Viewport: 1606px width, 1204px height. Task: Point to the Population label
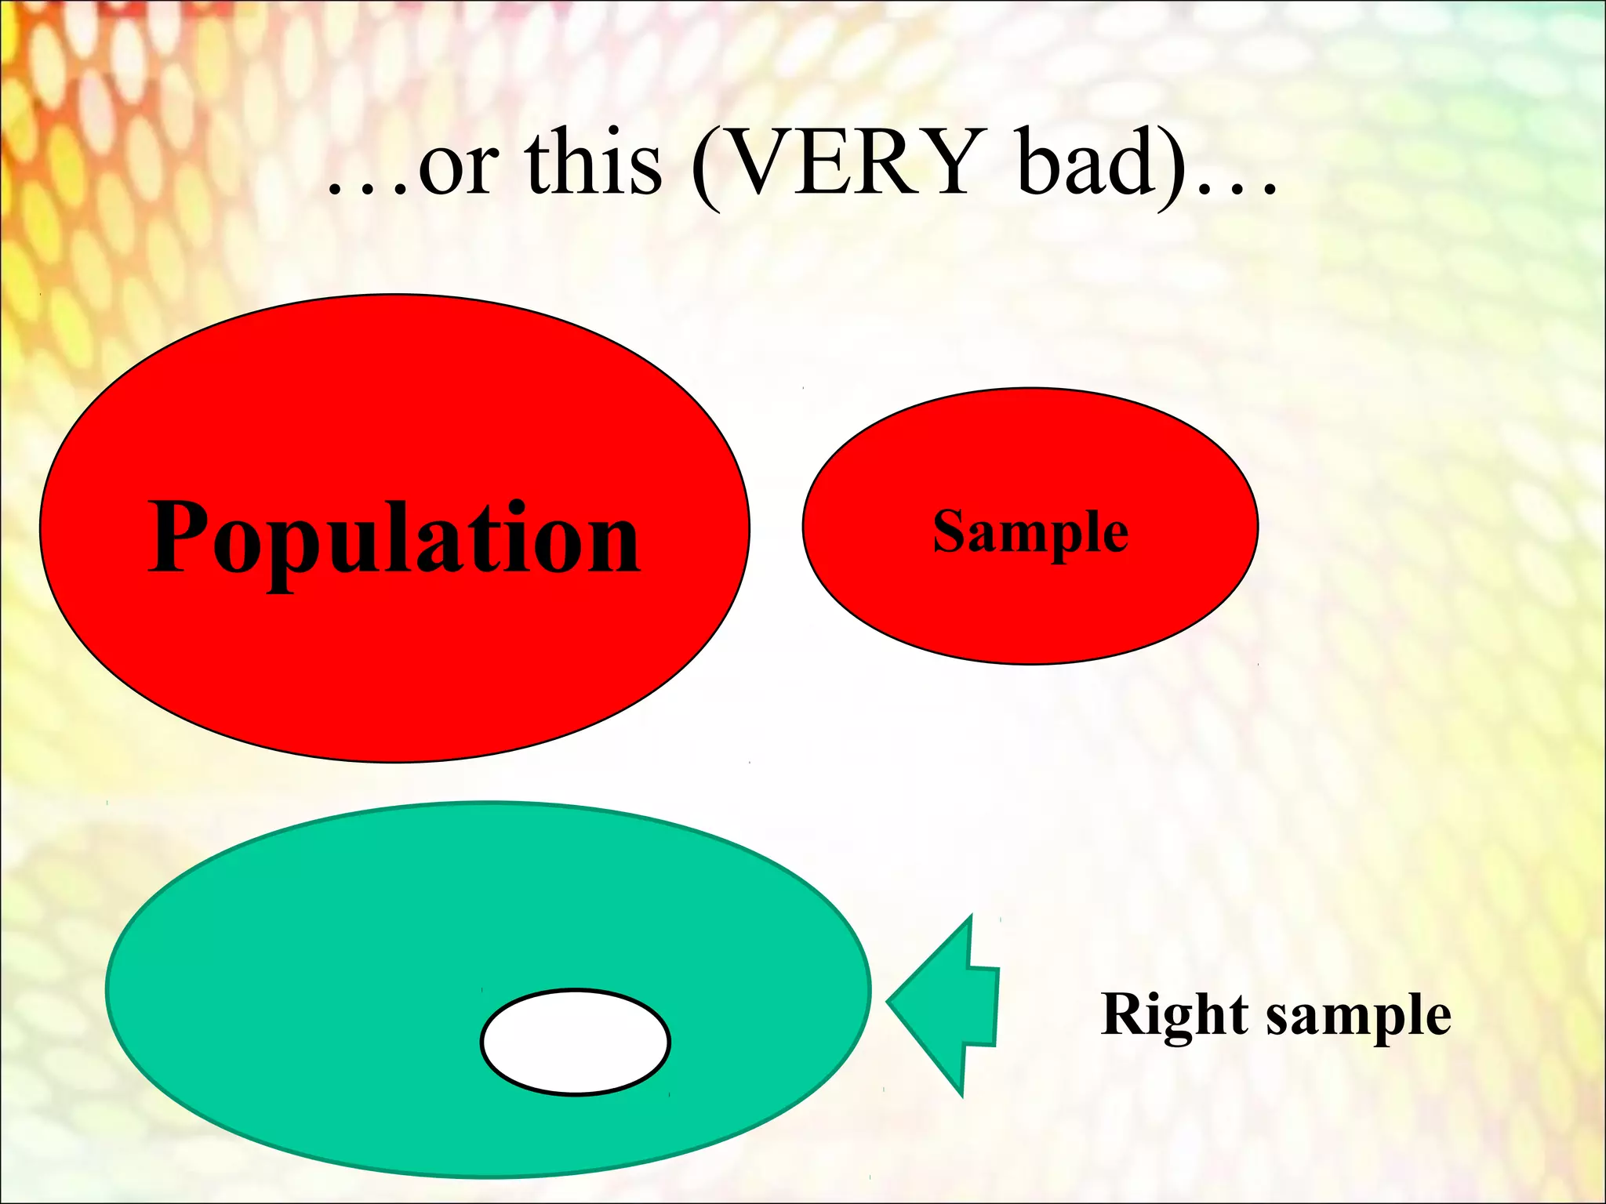coord(394,539)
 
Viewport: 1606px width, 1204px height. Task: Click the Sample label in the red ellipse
coord(1030,533)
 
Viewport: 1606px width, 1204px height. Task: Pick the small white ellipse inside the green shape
coord(575,1042)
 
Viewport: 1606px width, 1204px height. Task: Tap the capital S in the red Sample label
coord(949,531)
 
